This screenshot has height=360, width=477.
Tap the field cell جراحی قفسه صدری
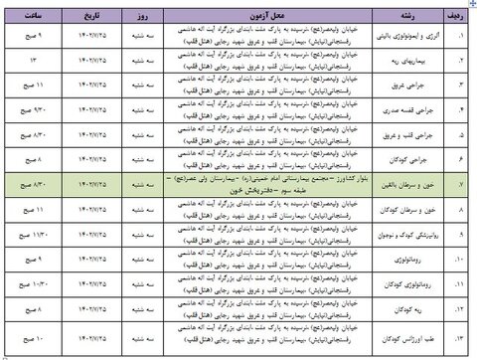point(413,108)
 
